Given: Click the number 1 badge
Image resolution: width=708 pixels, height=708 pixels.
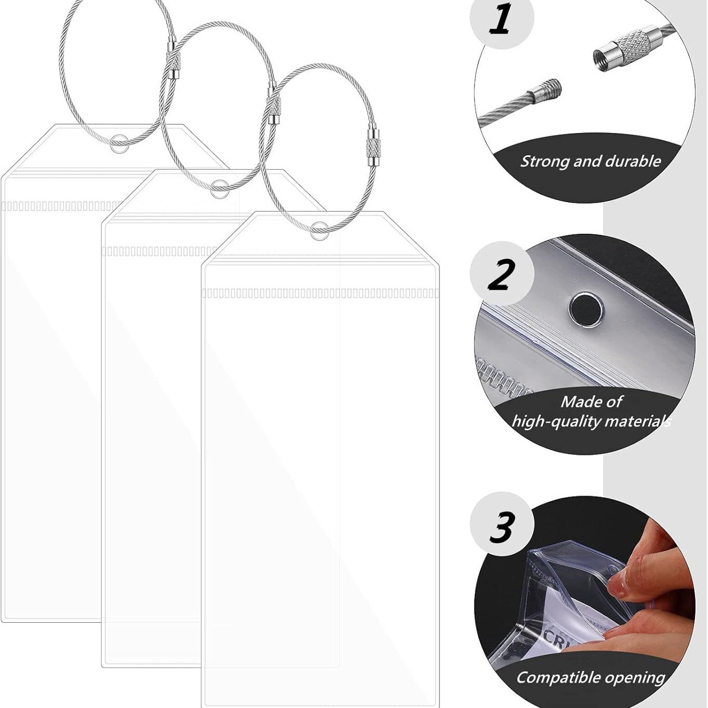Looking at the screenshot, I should click(501, 20).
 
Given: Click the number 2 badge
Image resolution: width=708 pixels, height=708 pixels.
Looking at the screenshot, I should click(501, 273).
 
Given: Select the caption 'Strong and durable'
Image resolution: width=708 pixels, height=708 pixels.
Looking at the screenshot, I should click(590, 161).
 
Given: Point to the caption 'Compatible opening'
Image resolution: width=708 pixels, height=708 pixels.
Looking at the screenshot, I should click(590, 677).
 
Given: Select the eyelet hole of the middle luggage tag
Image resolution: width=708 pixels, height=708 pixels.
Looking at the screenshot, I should click(219, 189).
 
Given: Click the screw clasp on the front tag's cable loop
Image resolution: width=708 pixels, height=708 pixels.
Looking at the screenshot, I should click(373, 148).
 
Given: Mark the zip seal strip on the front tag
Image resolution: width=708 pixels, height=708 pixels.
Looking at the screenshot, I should click(319, 293).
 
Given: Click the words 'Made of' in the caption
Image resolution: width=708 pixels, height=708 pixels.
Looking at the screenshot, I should click(591, 402).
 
